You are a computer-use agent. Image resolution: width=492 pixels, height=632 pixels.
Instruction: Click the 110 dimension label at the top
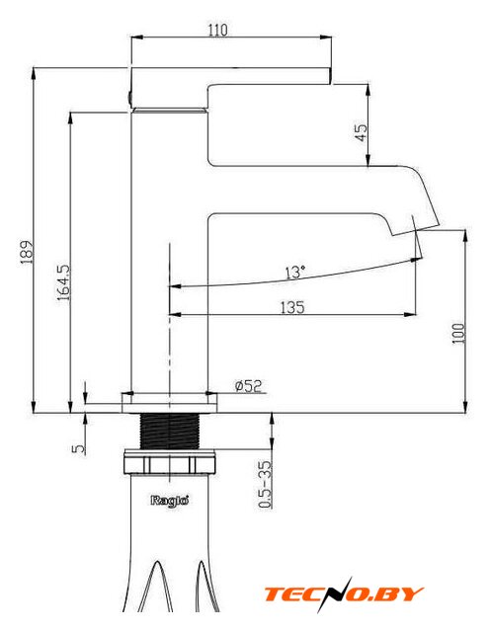[x=217, y=30]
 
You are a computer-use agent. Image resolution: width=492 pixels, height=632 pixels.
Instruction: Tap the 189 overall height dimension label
[x=27, y=252]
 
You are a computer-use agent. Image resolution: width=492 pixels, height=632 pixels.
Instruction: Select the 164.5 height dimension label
[x=63, y=282]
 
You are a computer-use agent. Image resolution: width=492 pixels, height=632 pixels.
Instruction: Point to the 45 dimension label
[x=362, y=132]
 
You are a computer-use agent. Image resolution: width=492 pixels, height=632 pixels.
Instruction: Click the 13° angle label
[x=295, y=273]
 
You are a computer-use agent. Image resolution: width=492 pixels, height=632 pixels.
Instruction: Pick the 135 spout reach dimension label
[x=292, y=307]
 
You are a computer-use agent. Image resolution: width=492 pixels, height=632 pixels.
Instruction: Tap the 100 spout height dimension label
[x=458, y=333]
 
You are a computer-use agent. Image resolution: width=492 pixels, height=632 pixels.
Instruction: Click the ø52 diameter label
[x=248, y=386]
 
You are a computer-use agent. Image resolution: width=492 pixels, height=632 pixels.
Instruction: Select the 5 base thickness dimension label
[x=79, y=448]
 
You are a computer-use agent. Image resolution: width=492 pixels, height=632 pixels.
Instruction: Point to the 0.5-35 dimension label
[x=265, y=485]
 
